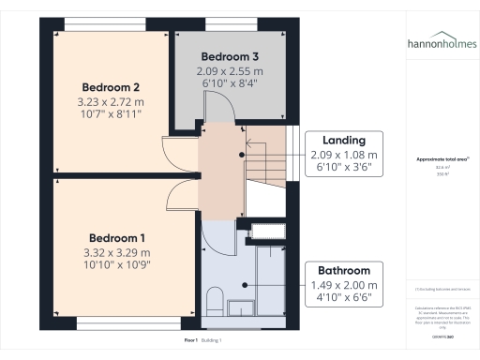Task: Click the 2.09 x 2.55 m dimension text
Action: coord(229,71)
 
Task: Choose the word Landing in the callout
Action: coord(343,140)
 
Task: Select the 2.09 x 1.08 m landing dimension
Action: coord(343,155)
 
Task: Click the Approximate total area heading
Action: coord(441,159)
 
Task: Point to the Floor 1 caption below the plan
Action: coord(191,338)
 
